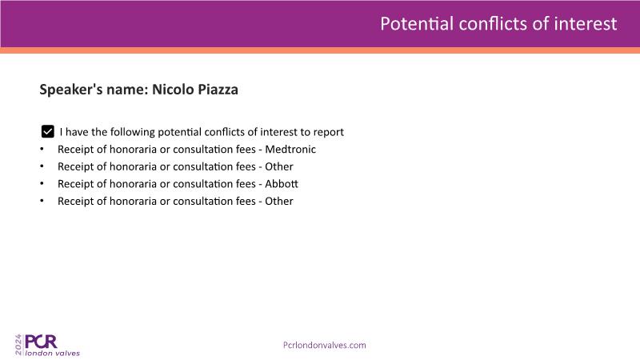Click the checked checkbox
point(48,131)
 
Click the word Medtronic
point(290,150)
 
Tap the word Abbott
point(282,184)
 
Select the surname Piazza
point(216,90)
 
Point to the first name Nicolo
point(171,90)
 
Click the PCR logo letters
point(41,342)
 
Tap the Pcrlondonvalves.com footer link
point(325,346)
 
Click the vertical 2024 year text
point(18,345)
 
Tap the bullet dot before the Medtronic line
point(42,149)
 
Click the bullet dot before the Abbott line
point(42,184)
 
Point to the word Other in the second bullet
point(279,166)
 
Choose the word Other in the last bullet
point(279,202)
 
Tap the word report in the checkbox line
point(329,132)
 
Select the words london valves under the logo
point(53,353)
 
